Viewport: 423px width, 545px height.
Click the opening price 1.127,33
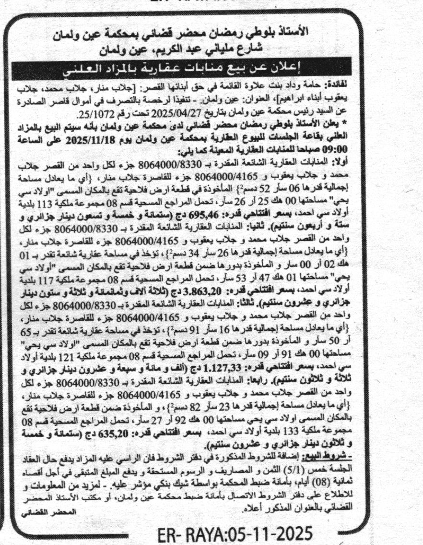coord(202,368)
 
